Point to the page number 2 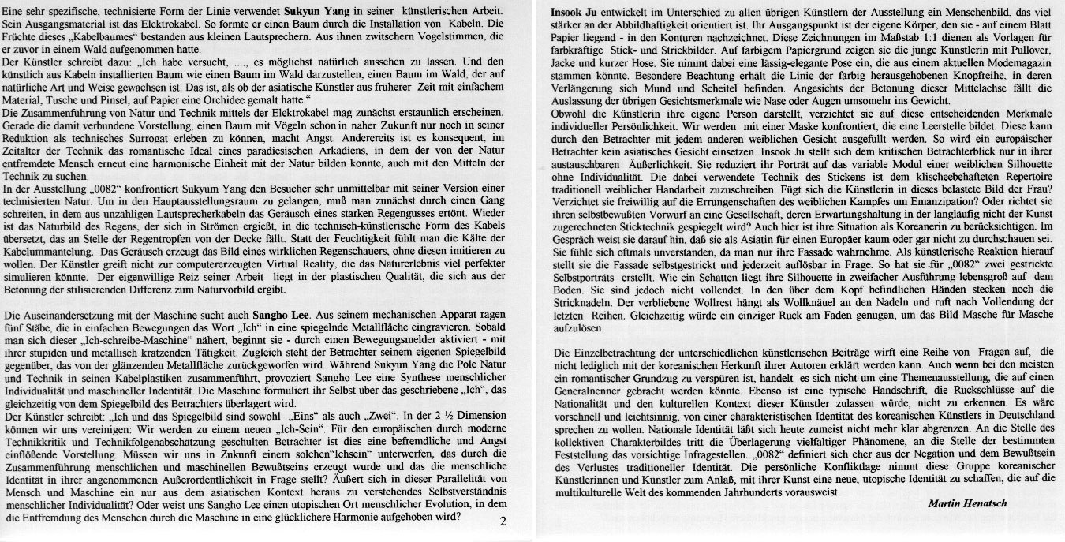point(504,521)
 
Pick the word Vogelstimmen point(427,36)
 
